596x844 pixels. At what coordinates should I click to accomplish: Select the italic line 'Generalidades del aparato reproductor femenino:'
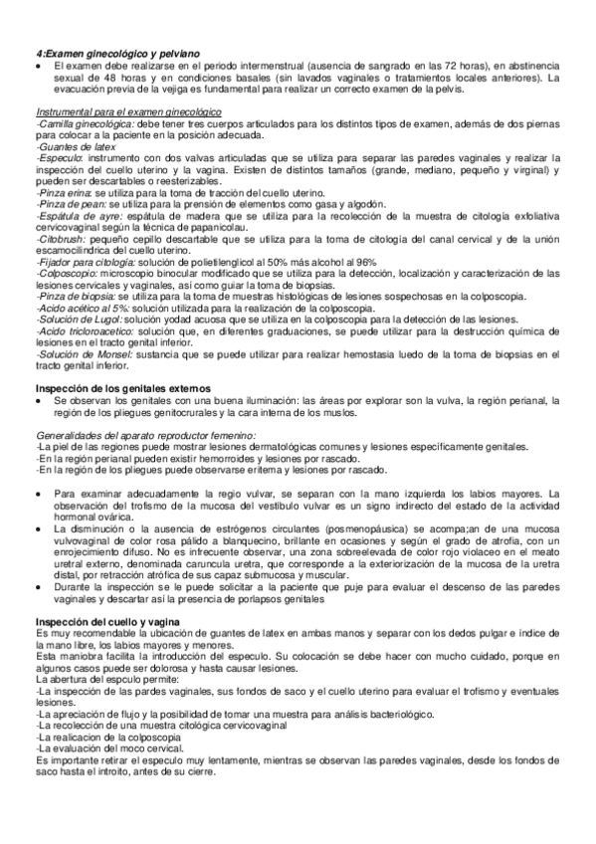pyautogui.click(x=144, y=435)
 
